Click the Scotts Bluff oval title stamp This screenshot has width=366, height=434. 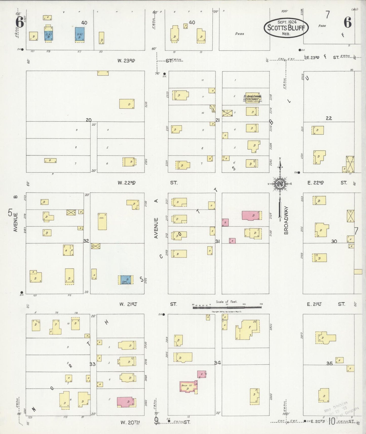(286, 28)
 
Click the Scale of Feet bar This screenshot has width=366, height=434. (227, 307)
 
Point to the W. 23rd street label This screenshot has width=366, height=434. (126, 61)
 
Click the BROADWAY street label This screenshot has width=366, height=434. (286, 220)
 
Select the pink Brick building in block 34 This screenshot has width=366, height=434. (188, 387)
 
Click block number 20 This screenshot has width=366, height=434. (88, 120)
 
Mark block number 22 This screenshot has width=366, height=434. (329, 118)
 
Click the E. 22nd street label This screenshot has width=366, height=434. (316, 183)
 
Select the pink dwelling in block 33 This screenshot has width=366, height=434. (126, 402)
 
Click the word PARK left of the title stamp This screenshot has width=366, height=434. (239, 34)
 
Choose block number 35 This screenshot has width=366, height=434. (329, 363)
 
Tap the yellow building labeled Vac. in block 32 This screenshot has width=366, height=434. (102, 221)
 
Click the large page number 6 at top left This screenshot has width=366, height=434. (20, 23)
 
